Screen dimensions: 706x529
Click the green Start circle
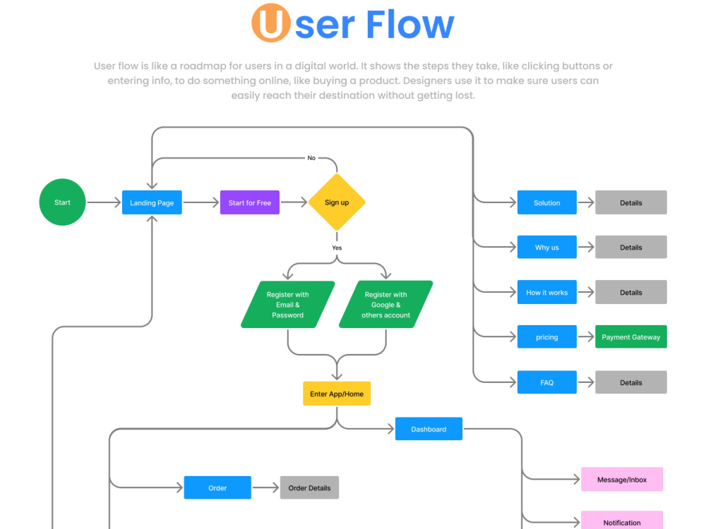coord(62,202)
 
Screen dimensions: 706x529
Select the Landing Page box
coord(152,202)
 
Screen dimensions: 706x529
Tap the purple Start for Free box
coord(249,202)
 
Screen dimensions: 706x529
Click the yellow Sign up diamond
coord(337,202)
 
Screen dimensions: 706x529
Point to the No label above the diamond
coord(311,158)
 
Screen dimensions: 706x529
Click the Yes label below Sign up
coord(337,248)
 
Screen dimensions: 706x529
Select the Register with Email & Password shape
coord(288,305)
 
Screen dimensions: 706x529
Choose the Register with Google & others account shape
coord(386,305)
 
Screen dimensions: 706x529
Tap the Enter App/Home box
coord(337,394)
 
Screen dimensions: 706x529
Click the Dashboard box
coord(429,429)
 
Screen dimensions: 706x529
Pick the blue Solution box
coord(546,202)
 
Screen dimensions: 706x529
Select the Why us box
coord(546,247)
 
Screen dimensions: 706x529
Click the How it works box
coord(546,292)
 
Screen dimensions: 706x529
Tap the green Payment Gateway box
coord(630,336)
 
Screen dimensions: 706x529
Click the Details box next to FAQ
coord(630,382)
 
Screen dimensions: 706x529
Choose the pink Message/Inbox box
coord(622,479)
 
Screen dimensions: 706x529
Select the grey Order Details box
coord(309,487)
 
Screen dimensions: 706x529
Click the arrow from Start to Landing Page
coord(104,202)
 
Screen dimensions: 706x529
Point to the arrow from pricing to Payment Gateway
coord(586,336)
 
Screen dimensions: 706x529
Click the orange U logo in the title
coord(270,23)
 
